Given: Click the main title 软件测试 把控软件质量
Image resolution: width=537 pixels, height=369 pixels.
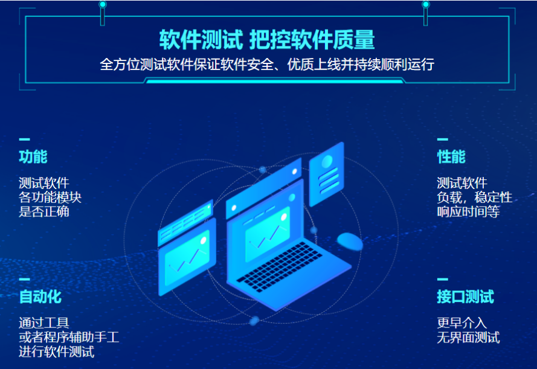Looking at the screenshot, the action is click(x=267, y=40).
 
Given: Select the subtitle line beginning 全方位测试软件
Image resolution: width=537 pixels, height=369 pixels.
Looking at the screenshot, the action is click(x=267, y=65).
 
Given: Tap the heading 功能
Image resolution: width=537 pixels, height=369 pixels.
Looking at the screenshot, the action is click(x=33, y=157).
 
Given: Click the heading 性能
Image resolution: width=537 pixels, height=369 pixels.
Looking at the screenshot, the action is click(x=451, y=157).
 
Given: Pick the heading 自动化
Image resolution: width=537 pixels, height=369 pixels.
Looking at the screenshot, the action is click(x=40, y=297).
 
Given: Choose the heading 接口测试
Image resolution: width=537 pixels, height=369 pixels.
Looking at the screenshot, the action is click(x=466, y=297).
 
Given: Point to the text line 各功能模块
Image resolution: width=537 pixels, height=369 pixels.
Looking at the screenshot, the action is click(x=50, y=197).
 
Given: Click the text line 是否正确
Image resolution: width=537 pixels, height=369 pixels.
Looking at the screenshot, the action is click(x=44, y=211).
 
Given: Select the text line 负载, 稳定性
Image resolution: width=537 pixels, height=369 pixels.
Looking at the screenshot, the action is click(x=475, y=197).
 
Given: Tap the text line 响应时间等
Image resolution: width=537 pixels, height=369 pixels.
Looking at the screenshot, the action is click(x=468, y=211).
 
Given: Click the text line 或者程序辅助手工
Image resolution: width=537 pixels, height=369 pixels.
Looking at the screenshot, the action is click(x=69, y=337).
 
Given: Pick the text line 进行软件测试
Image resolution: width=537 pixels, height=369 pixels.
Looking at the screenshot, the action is click(x=57, y=351).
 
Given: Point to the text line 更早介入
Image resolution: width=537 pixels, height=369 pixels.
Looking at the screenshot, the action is click(x=461, y=322).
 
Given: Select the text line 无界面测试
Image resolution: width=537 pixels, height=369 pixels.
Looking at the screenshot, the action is click(x=468, y=337).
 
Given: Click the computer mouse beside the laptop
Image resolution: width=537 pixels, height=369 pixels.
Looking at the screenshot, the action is click(x=350, y=242).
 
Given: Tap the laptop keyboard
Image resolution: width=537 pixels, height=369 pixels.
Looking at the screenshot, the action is click(x=280, y=266).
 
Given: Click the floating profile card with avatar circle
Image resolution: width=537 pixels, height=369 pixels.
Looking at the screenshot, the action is click(x=326, y=174).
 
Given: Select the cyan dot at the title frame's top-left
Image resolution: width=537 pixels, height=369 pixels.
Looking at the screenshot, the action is click(x=103, y=4).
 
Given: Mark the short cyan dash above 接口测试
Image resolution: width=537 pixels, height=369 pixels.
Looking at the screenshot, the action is click(x=443, y=280).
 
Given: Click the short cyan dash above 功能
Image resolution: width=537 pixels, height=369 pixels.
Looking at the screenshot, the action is click(x=24, y=140).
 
